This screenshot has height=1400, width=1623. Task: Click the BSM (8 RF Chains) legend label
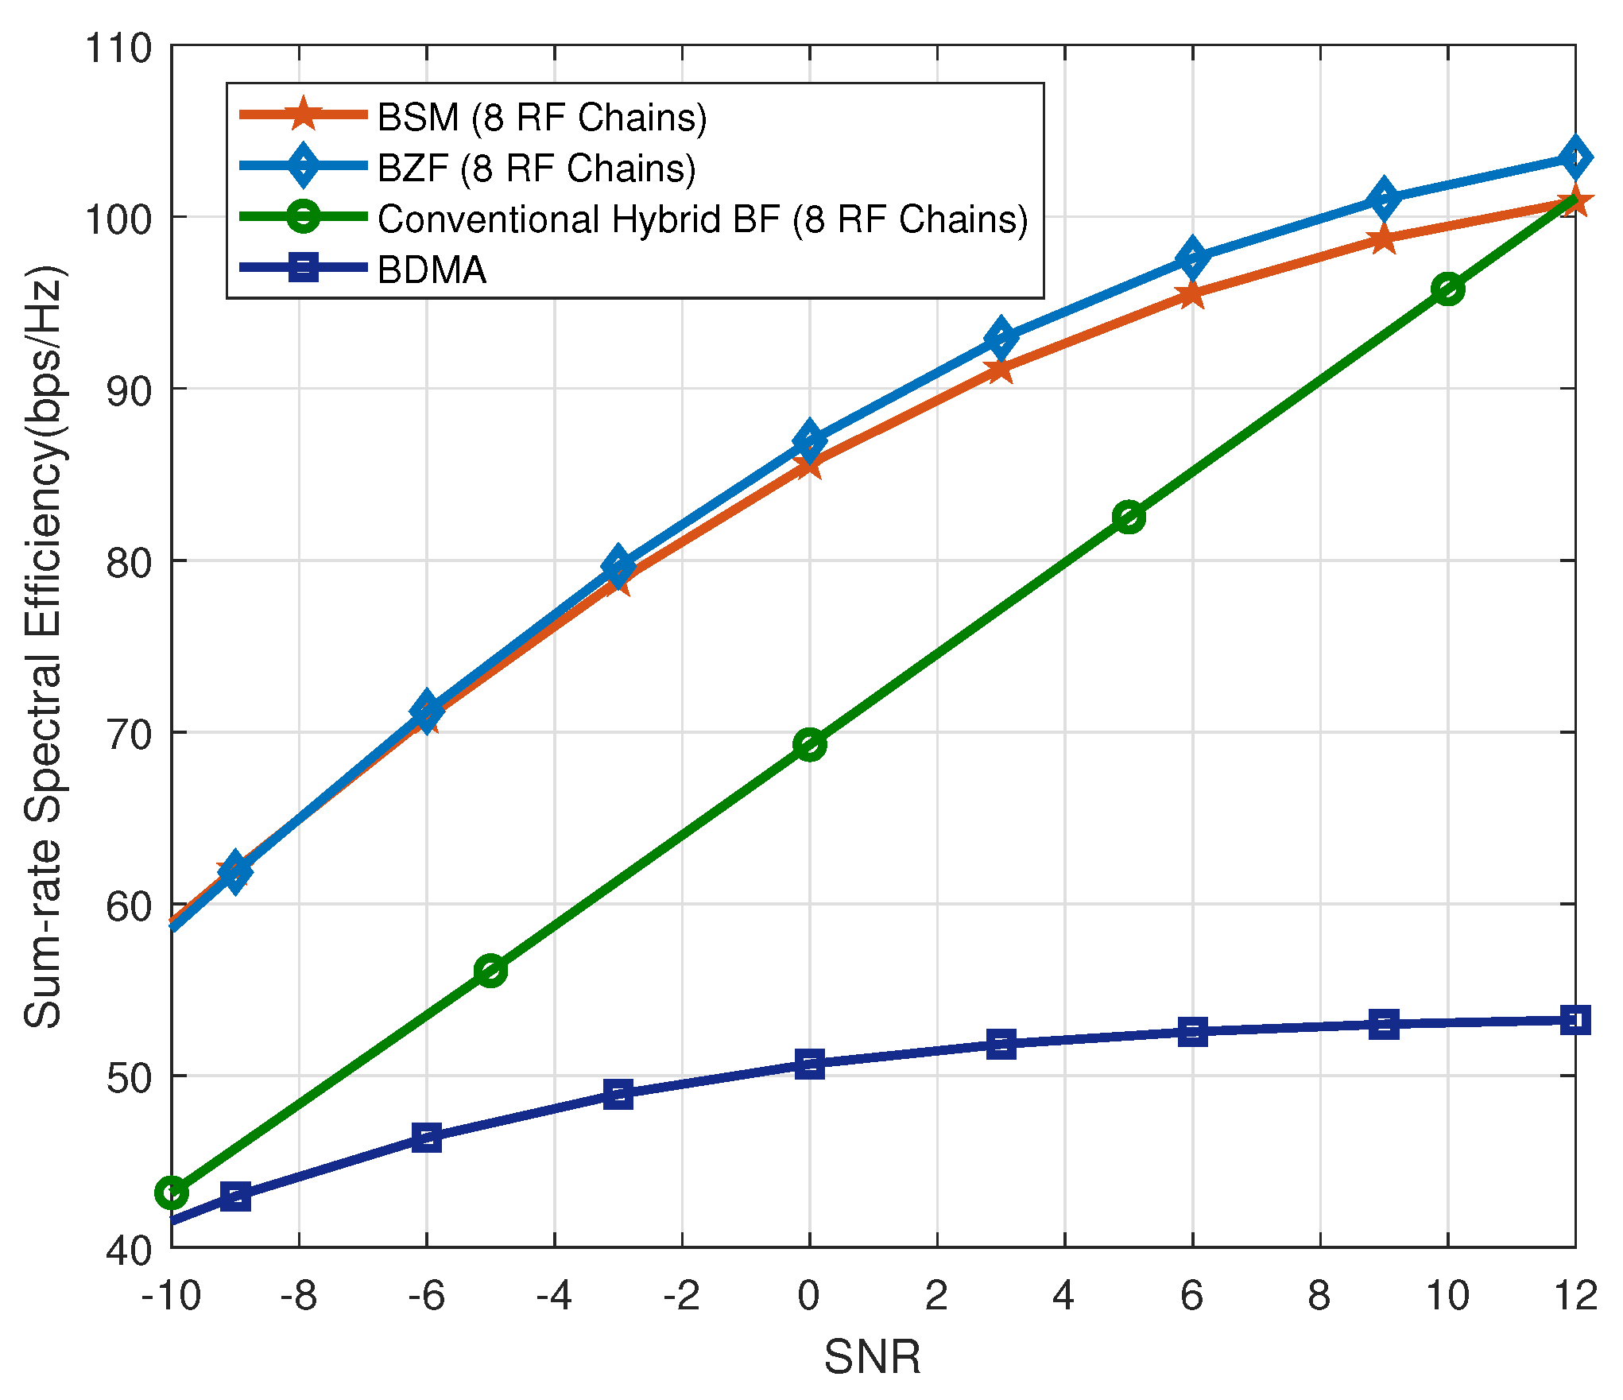[541, 118]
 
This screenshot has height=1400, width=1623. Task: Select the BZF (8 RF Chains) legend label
[536, 169]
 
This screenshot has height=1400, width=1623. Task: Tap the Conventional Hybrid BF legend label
[703, 219]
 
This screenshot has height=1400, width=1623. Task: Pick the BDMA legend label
[432, 270]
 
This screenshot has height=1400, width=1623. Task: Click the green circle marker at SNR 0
[809, 745]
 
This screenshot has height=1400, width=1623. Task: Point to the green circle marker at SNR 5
[1129, 517]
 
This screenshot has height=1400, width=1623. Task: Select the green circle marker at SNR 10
[1448, 290]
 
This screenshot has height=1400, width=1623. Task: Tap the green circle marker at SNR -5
[490, 971]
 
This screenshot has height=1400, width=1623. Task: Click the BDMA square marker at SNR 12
[1575, 1020]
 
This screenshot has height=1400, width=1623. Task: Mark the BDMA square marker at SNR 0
[809, 1064]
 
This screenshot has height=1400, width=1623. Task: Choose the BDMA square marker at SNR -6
[427, 1138]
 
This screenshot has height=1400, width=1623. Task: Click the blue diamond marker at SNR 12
[1575, 157]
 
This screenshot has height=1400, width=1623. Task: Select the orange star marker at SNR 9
[1384, 239]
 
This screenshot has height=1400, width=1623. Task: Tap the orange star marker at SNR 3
[1001, 370]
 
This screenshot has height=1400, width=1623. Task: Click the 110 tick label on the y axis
[118, 48]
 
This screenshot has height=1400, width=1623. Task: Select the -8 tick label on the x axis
[299, 1297]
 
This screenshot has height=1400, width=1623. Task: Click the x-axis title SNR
[872, 1357]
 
